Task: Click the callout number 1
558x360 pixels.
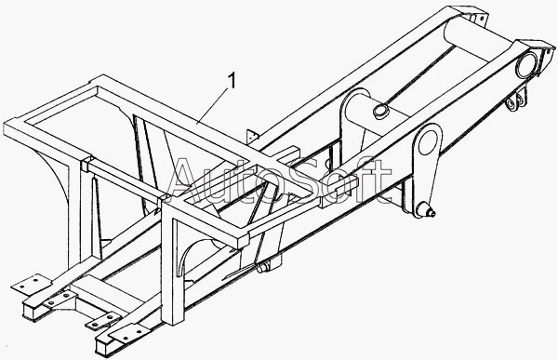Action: tap(232, 81)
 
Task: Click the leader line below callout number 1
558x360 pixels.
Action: tap(212, 106)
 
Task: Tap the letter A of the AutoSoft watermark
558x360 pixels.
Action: tap(188, 180)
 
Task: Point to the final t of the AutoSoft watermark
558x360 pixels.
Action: tap(383, 180)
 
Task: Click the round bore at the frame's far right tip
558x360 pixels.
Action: tap(526, 64)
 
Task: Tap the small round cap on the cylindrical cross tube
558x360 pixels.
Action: tap(381, 110)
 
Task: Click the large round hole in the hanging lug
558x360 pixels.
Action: tap(428, 142)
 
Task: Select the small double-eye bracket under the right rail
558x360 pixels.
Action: tap(516, 100)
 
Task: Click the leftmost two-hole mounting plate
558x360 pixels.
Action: tap(30, 282)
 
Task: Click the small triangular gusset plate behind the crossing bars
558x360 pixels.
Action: tap(253, 136)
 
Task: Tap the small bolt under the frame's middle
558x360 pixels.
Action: tap(263, 268)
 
